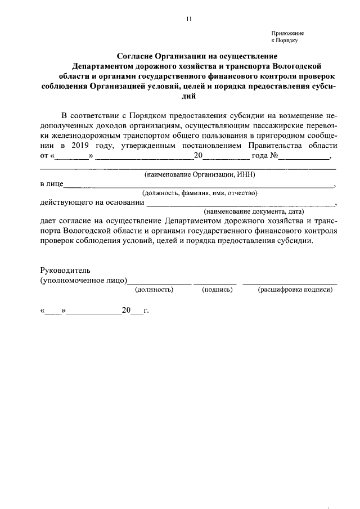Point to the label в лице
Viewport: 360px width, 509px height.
[51, 184]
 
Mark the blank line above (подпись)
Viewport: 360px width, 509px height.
[215, 283]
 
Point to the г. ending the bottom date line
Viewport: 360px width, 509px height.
[146, 310]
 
